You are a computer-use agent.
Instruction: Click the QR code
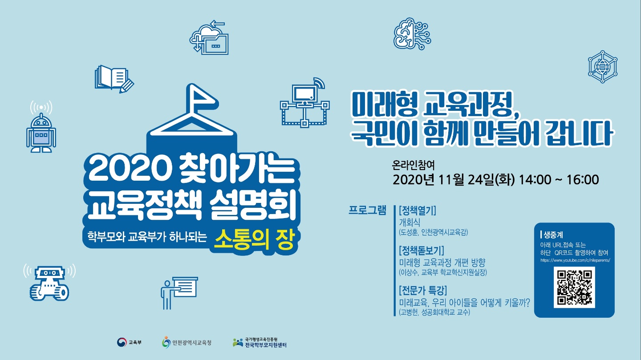point(574,287)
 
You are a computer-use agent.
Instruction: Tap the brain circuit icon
point(412,33)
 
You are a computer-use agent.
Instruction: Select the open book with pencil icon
point(114,79)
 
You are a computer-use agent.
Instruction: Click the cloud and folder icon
point(209,37)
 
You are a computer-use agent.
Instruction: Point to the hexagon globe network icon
point(603,67)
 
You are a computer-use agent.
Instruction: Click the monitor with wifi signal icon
point(305,102)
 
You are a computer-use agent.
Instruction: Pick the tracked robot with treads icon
point(49,283)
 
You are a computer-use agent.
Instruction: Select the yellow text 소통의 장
point(255,239)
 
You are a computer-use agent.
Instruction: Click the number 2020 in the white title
point(128,170)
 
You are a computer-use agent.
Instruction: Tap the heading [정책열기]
point(418,210)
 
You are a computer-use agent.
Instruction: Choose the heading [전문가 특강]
point(423,291)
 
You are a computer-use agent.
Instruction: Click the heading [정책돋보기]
point(422,251)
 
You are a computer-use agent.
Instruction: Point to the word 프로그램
point(367,210)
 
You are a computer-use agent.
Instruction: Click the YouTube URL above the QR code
point(575,260)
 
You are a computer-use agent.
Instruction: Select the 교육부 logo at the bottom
point(129,342)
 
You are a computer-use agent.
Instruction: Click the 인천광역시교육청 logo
point(187,342)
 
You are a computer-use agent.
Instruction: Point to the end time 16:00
point(582,180)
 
